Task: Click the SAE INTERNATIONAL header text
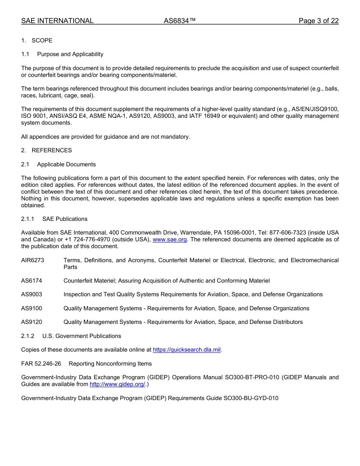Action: [x=57, y=21]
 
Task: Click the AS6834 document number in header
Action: [x=180, y=21]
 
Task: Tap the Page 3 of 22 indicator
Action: [x=318, y=21]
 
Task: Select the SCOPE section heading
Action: [x=42, y=41]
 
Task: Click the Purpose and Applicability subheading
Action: [x=70, y=54]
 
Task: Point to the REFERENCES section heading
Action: [x=52, y=150]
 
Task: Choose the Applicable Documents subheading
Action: [x=66, y=164]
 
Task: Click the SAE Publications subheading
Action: [x=65, y=219]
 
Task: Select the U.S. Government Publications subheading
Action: [x=81, y=336]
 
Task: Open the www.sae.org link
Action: [x=169, y=239]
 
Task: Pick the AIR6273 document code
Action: [x=33, y=260]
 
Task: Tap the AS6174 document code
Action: [x=31, y=281]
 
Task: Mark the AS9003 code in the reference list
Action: [x=31, y=294]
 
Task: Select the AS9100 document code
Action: [x=31, y=308]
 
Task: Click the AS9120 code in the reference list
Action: [x=31, y=322]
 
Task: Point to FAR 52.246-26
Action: [x=41, y=364]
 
